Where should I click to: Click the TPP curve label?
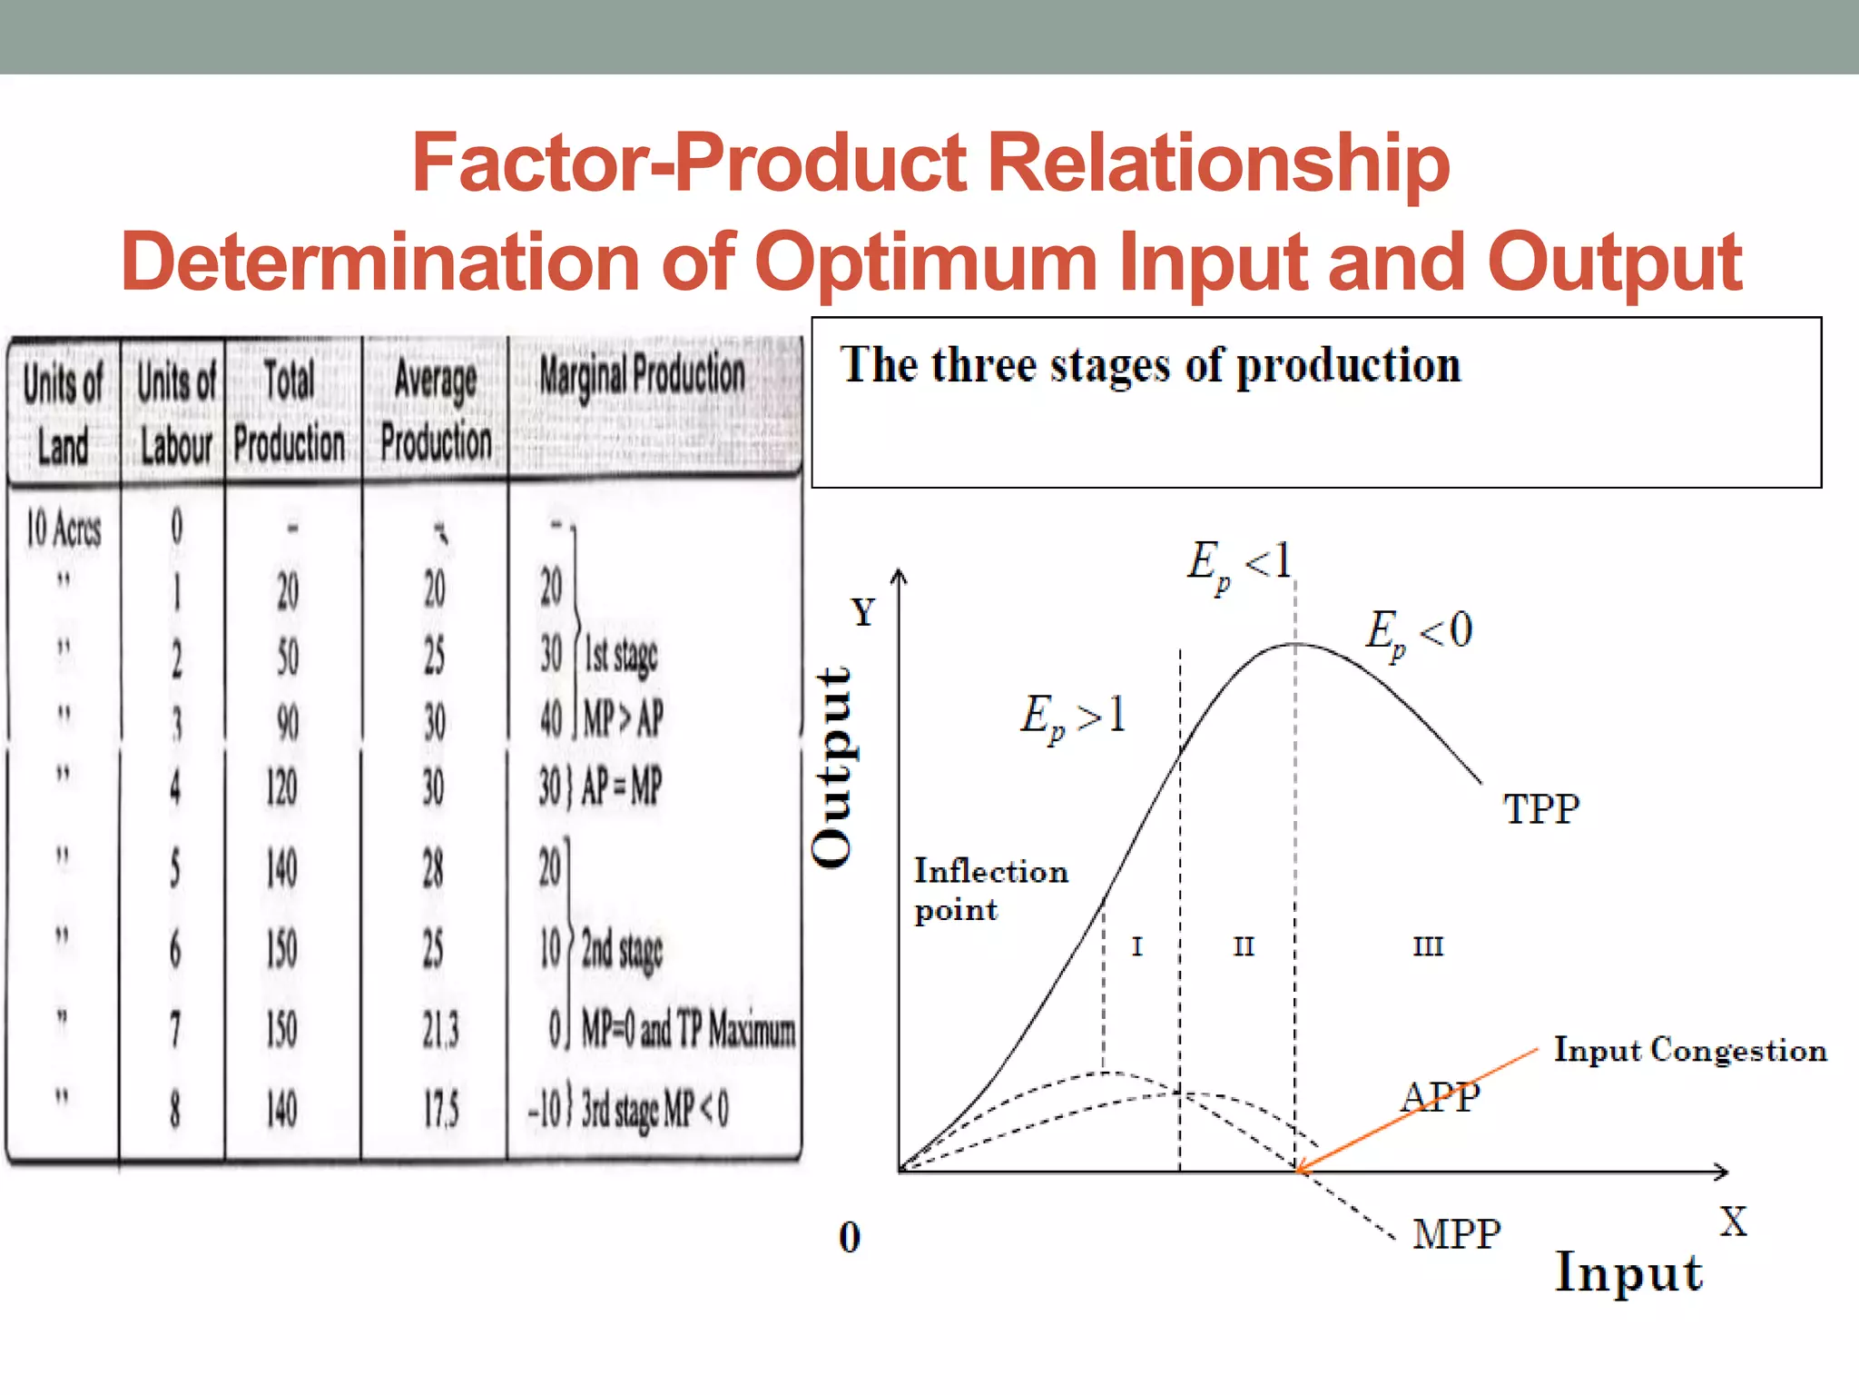coord(1541,808)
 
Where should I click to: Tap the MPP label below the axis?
coord(1456,1233)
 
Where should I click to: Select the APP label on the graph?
coord(1440,1097)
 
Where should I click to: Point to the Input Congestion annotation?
coord(1689,1050)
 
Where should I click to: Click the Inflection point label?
coord(989,889)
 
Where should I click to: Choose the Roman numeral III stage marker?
coord(1427,946)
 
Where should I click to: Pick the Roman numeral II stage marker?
coord(1243,946)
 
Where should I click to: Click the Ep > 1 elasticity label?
coord(1073,716)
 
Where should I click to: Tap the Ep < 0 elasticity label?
coord(1419,632)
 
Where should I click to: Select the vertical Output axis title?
coord(833,767)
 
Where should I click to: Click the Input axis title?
coord(1628,1272)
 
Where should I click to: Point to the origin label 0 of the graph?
coord(849,1237)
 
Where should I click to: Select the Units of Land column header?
coord(63,413)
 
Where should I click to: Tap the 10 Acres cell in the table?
coord(64,529)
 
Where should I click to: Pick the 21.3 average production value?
coord(440,1030)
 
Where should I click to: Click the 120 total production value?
coord(281,787)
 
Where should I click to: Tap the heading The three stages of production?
coord(1150,366)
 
